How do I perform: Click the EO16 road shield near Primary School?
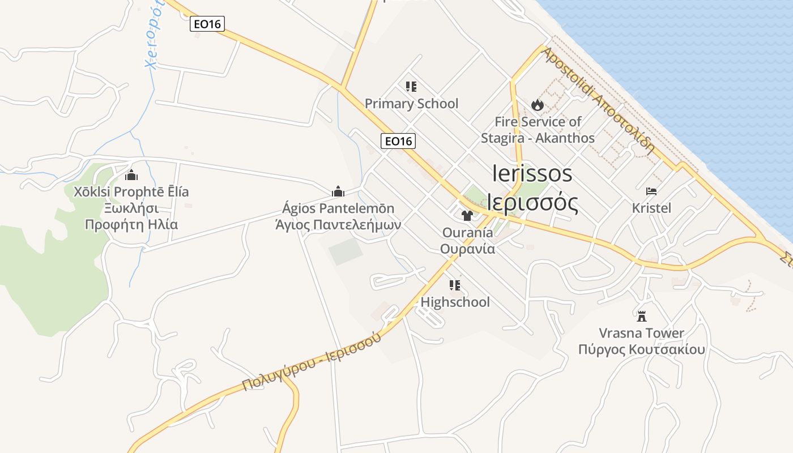coord(399,141)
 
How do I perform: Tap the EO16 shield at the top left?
coord(208,24)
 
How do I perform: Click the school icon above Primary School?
coord(411,87)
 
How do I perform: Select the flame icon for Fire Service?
coord(538,105)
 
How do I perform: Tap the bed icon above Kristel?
coord(651,191)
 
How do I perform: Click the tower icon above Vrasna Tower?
coord(642,316)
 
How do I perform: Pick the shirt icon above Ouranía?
coord(467,215)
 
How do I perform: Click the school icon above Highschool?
coord(455,285)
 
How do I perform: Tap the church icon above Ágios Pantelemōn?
coord(338,191)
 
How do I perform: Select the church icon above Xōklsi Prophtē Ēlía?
coord(132,174)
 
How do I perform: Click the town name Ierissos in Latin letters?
coord(532,173)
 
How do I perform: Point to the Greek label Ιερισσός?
coord(533,203)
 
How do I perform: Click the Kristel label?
coord(651,208)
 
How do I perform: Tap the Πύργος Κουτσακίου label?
coord(642,349)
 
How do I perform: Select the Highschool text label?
coord(455,302)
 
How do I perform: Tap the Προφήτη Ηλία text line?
coord(131,225)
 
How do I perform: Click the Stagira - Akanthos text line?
coord(538,138)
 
